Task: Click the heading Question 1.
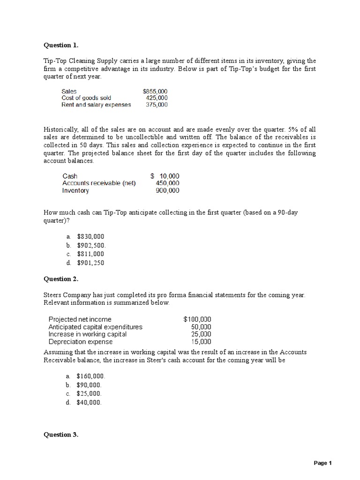pyautogui.click(x=61, y=45)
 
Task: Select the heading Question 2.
pyautogui.click(x=61, y=279)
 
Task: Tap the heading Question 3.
pyautogui.click(x=61, y=435)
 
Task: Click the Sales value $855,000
pyautogui.click(x=155, y=91)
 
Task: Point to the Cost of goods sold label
pyautogui.click(x=86, y=98)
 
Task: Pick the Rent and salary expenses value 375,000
pyautogui.click(x=157, y=105)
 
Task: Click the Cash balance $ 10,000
pyautogui.click(x=165, y=176)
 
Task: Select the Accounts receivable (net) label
pyautogui.click(x=99, y=183)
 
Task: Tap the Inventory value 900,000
pyautogui.click(x=167, y=191)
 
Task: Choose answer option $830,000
pyautogui.click(x=90, y=237)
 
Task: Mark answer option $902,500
pyautogui.click(x=91, y=245)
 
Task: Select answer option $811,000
pyautogui.click(x=90, y=254)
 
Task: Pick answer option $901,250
pyautogui.click(x=90, y=262)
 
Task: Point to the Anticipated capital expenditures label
pyautogui.click(x=96, y=327)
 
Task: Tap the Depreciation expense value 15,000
pyautogui.click(x=201, y=342)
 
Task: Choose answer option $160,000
pyautogui.click(x=91, y=376)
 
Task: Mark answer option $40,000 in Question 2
pyautogui.click(x=89, y=402)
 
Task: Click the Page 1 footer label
pyautogui.click(x=322, y=463)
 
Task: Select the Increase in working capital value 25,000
pyautogui.click(x=201, y=334)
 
